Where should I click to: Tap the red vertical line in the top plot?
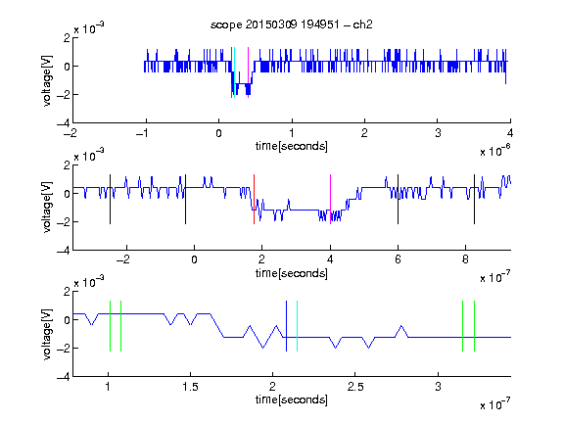pyautogui.click(x=231, y=72)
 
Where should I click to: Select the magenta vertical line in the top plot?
pyautogui.click(x=248, y=72)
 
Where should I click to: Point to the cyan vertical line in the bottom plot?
pyautogui.click(x=297, y=326)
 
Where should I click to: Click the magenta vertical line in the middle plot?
pyautogui.click(x=330, y=200)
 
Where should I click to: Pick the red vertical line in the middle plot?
pyautogui.click(x=254, y=200)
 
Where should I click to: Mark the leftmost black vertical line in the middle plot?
pyautogui.click(x=110, y=200)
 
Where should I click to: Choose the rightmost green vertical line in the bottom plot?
pyautogui.click(x=475, y=326)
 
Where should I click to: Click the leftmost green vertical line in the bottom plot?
pyautogui.click(x=110, y=326)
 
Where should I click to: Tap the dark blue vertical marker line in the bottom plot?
pyautogui.click(x=286, y=326)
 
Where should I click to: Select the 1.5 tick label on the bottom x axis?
pyautogui.click(x=190, y=387)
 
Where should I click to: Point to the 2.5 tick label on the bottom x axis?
pyautogui.click(x=355, y=387)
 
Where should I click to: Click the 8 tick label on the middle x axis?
pyautogui.click(x=465, y=259)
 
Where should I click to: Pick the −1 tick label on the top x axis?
pyautogui.click(x=143, y=133)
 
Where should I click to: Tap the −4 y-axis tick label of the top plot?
pyautogui.click(x=64, y=123)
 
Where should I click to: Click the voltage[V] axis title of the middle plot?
pyautogui.click(x=47, y=208)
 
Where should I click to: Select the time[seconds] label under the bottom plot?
pyautogui.click(x=292, y=399)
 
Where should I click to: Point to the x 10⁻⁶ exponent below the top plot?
pyautogui.click(x=495, y=151)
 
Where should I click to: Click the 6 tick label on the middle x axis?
pyautogui.click(x=398, y=259)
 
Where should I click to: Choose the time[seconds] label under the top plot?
pyautogui.click(x=292, y=146)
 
